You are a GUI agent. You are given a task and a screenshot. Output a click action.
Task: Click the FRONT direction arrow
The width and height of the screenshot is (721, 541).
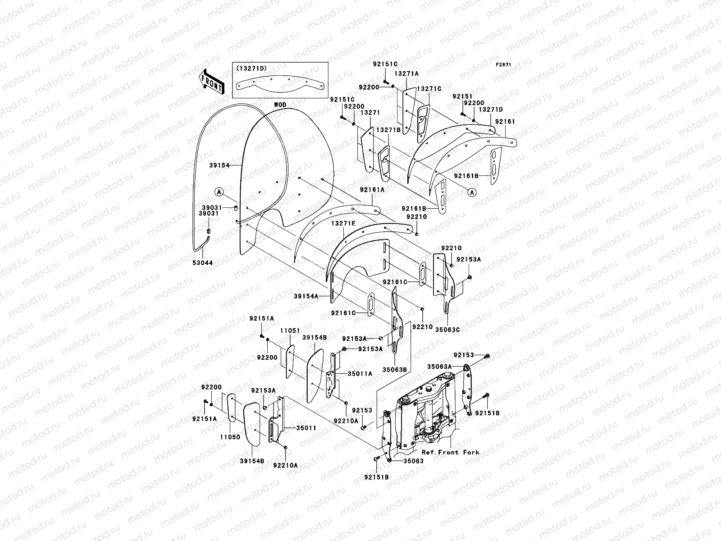coord(211,82)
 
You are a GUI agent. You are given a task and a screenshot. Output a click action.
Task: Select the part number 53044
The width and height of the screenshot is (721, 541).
coord(203,262)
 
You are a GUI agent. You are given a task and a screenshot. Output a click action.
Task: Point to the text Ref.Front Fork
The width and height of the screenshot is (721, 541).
coord(450,452)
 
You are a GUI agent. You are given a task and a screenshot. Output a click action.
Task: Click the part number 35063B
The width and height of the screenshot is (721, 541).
coord(395,369)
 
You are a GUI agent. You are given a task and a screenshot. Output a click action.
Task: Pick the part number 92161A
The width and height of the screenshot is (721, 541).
coord(372,190)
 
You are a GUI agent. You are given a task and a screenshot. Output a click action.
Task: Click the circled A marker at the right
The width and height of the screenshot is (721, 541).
coord(472,193)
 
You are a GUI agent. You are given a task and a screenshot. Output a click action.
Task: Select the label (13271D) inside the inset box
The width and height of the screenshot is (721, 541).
coord(251,68)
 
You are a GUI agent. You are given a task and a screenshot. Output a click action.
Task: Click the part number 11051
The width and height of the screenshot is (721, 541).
coord(290,331)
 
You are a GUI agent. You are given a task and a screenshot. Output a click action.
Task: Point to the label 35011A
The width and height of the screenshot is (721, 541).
coord(359,374)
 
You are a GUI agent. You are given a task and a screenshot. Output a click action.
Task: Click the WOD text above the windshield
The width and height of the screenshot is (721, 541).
coord(280,105)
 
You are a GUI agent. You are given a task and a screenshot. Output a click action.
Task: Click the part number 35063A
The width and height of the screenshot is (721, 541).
coord(440,367)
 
